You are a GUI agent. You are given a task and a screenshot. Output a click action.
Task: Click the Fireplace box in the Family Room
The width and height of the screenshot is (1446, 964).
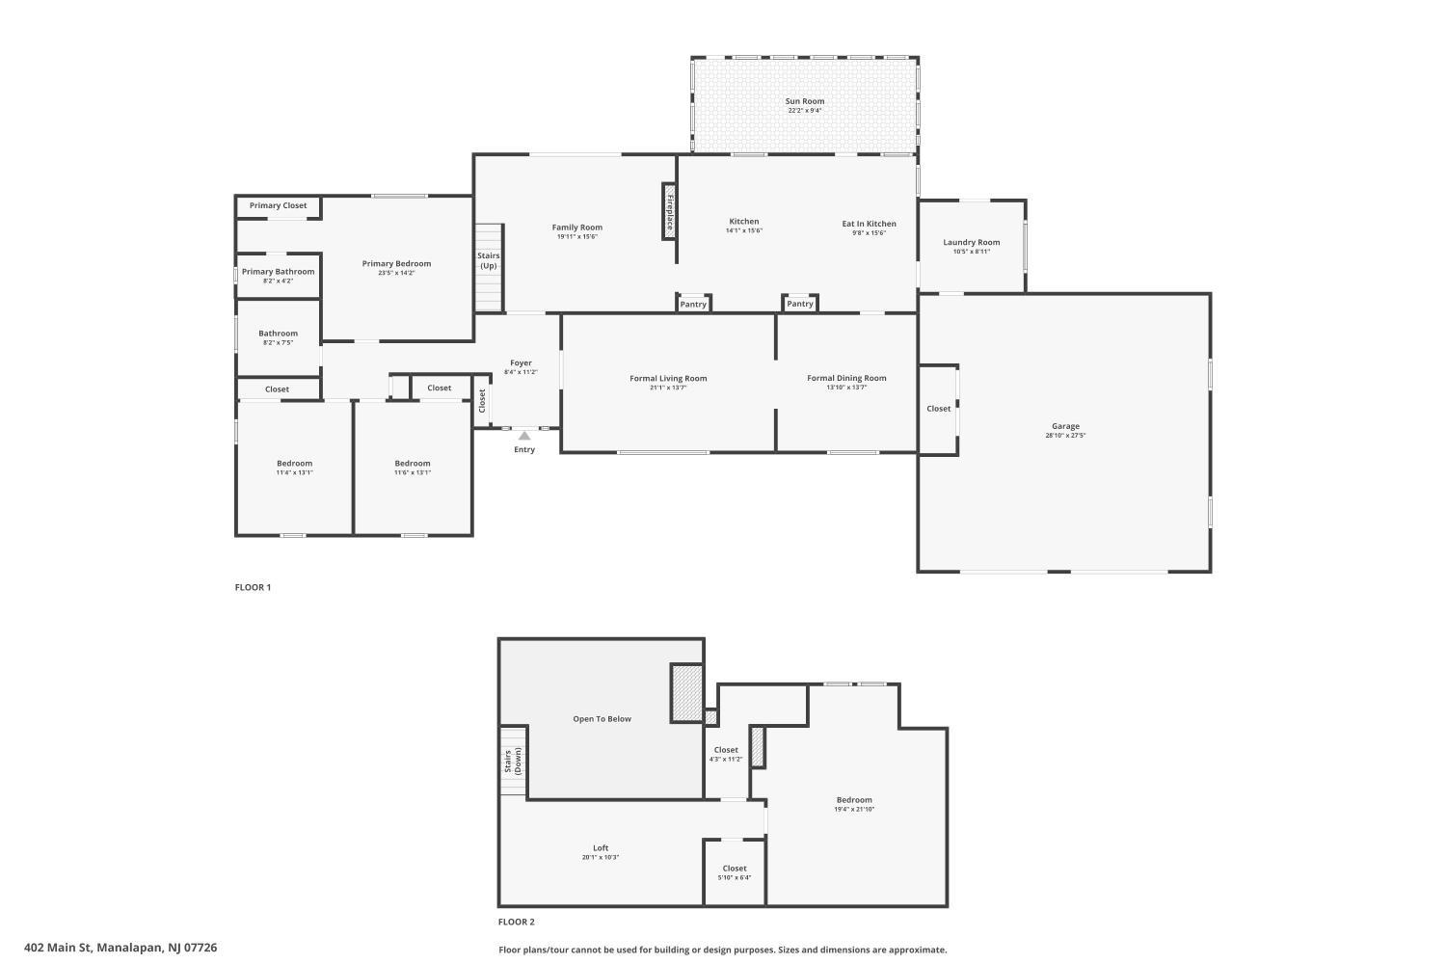pos(669,212)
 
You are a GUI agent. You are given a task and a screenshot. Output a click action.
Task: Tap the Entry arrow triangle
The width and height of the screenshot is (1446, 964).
pos(524,436)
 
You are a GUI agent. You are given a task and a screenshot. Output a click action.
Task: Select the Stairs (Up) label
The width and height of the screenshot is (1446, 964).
pos(489,261)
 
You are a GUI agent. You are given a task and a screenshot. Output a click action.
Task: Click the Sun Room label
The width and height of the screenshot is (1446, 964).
pos(804,101)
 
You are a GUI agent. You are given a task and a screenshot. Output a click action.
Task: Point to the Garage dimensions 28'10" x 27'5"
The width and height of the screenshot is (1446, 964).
pos(1065,435)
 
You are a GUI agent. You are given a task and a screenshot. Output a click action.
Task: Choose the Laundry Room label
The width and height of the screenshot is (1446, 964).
pos(971,242)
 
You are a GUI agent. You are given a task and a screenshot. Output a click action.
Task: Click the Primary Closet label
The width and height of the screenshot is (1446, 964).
pos(279,205)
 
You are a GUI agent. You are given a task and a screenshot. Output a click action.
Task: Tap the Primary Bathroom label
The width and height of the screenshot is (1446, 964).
pos(279,272)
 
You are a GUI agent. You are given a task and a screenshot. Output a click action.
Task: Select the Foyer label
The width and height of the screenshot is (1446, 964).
pos(521,362)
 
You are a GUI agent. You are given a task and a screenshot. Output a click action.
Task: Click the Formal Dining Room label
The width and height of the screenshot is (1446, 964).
pos(846,378)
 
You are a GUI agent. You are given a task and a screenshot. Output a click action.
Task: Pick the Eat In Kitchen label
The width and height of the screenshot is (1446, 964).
pos(869,224)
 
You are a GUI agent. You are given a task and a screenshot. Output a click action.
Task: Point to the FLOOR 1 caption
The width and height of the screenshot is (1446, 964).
pos(253,587)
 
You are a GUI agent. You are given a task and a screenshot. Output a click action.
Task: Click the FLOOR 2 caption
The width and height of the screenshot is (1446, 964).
pos(517,922)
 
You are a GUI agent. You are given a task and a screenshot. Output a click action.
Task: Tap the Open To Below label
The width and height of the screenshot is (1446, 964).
pos(602,718)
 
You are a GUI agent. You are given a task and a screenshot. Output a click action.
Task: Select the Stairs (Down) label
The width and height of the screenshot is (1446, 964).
pos(513,761)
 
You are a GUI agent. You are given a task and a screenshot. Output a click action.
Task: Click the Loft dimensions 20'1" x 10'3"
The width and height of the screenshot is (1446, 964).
pos(601,857)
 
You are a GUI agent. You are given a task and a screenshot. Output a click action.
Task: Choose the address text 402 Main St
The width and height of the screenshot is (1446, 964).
pos(59,948)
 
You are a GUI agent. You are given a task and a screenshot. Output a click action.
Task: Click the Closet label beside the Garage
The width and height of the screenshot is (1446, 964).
pos(938,409)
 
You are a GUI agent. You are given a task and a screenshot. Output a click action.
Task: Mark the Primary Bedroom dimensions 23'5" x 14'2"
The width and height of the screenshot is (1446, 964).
pos(396,273)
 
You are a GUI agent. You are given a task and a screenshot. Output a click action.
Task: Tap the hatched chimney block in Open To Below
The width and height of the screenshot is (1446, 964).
pos(686,693)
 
